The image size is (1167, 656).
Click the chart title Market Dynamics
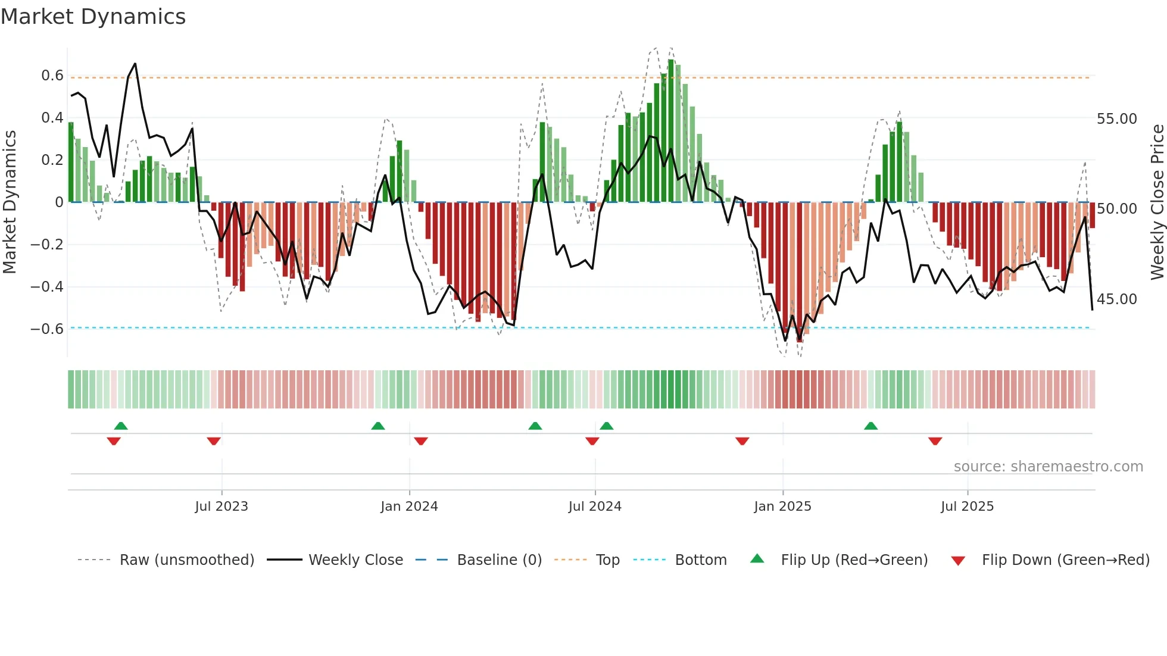pyautogui.click(x=93, y=17)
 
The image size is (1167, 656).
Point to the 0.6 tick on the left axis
pyautogui.click(x=52, y=76)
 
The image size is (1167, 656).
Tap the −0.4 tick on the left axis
pyautogui.click(x=46, y=287)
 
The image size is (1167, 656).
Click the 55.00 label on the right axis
pyautogui.click(x=1116, y=119)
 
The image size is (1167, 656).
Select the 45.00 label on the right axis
pyautogui.click(x=1116, y=299)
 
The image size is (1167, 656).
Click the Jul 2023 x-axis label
pyautogui.click(x=221, y=507)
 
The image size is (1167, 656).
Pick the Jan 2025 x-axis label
pyautogui.click(x=782, y=507)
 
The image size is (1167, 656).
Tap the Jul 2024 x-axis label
pyautogui.click(x=594, y=507)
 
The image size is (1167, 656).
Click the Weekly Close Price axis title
pyautogui.click(x=1157, y=202)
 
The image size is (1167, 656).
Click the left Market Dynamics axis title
pyautogui.click(x=10, y=202)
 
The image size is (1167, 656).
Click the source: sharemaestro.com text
pyautogui.click(x=1048, y=467)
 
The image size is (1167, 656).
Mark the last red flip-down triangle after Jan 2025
pyautogui.click(x=935, y=441)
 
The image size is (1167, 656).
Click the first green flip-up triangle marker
pyautogui.click(x=121, y=426)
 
